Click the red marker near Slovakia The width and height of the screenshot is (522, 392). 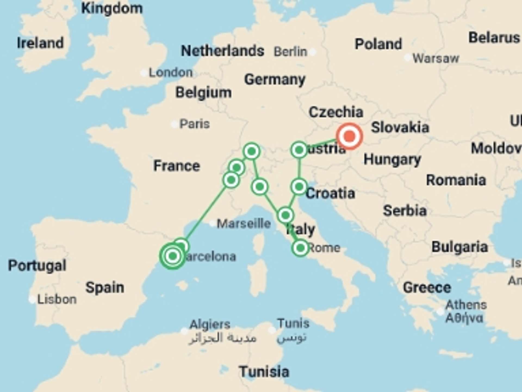point(349,136)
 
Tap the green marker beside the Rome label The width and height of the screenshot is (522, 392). point(300,248)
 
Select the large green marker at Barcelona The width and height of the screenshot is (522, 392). point(173,256)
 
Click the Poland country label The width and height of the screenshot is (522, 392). point(378,44)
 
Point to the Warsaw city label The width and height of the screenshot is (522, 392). point(436,58)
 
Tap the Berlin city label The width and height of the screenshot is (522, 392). point(290,51)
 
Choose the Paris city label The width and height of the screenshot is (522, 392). point(194,124)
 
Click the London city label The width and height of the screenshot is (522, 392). point(170,72)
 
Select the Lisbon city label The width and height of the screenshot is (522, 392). point(57,299)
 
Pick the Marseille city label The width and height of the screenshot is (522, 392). point(244,223)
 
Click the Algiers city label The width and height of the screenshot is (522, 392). point(210,324)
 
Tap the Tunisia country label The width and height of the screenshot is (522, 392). point(264,372)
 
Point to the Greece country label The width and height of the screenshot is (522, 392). point(427,287)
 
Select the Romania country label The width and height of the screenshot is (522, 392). point(456,180)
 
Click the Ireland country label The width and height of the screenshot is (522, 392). point(40,43)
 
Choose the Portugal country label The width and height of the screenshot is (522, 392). point(37,265)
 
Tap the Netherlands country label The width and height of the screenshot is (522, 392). point(222,51)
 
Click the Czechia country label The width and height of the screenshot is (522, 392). point(336,112)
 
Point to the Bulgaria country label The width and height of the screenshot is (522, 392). point(460,247)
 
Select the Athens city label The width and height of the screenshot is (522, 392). point(466,305)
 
